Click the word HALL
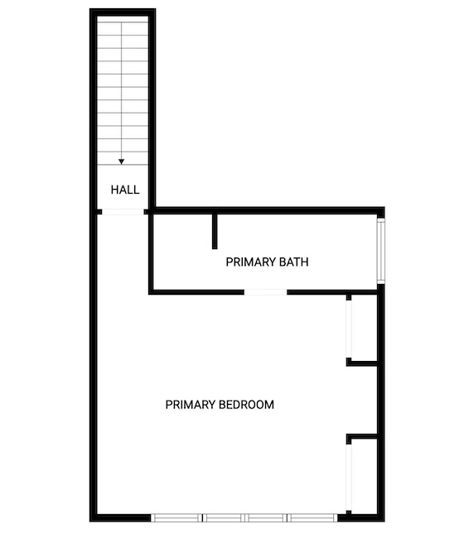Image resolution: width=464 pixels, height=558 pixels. point(125,190)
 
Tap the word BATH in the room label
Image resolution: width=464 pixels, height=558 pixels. point(293,262)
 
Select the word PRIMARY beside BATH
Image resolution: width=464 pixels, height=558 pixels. point(251,262)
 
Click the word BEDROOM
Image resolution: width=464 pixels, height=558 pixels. point(246,405)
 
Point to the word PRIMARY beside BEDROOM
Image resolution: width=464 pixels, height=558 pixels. point(191,405)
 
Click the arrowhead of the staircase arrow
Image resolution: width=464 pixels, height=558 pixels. point(122,161)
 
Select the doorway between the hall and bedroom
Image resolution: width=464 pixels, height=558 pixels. point(123,212)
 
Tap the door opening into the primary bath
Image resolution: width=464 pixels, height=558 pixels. point(266,292)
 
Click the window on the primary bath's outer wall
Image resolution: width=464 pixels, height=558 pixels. point(380,251)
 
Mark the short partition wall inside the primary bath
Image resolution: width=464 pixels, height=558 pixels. point(215,231)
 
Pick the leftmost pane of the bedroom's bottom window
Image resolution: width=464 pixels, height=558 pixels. point(176,517)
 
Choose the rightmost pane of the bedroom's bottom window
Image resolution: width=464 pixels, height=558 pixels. point(312,517)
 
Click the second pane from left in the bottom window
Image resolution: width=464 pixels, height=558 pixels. point(223,517)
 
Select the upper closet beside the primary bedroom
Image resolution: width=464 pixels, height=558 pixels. point(364,328)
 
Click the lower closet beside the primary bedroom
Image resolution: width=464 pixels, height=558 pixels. point(364,476)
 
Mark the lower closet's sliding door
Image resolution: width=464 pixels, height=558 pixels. point(349,478)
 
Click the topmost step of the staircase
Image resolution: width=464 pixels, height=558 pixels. point(123,28)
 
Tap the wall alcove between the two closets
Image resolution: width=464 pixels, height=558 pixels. point(363,400)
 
